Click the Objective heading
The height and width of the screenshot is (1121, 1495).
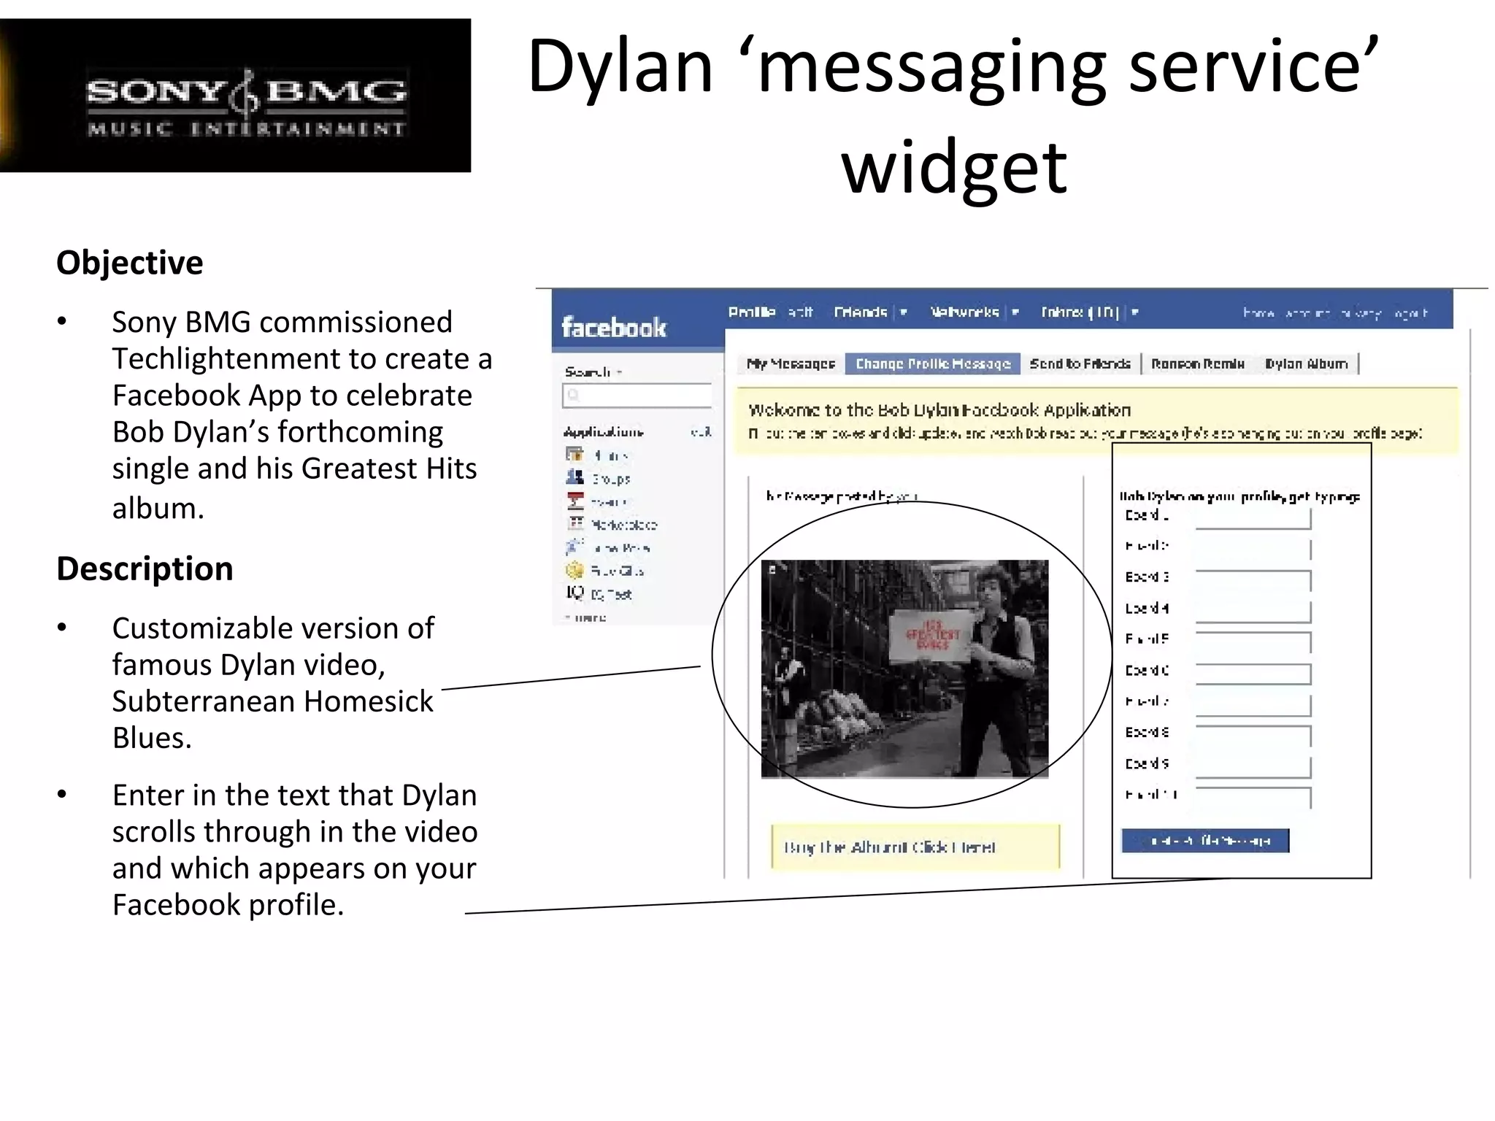tap(130, 263)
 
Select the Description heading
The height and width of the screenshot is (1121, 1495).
tap(145, 569)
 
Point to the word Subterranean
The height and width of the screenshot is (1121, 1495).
tap(204, 701)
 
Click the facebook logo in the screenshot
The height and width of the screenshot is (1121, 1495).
tap(613, 328)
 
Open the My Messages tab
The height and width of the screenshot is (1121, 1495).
tap(791, 363)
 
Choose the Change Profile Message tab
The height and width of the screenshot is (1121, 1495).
tap(932, 363)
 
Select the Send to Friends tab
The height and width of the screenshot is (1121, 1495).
tap(1080, 363)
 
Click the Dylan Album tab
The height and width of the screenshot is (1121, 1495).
tap(1306, 363)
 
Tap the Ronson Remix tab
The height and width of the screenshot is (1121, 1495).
tap(1197, 363)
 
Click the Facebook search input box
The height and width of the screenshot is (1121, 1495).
tap(637, 395)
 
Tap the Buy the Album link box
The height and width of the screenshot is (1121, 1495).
tap(915, 847)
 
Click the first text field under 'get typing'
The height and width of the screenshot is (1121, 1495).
tap(1253, 518)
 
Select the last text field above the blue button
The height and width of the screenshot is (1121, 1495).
tap(1253, 796)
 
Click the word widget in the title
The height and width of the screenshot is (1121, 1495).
tap(954, 168)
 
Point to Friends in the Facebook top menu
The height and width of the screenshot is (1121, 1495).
tap(860, 312)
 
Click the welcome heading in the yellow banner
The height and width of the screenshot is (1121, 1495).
tap(939, 410)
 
